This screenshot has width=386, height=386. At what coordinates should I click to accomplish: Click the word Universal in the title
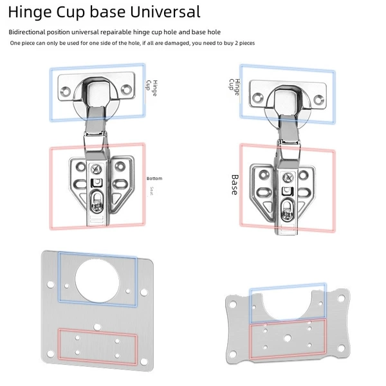click(165, 12)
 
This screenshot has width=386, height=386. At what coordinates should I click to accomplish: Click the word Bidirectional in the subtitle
click(27, 32)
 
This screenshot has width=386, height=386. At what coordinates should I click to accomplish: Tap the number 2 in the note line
click(236, 43)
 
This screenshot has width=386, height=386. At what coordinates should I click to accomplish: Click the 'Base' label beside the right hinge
click(235, 185)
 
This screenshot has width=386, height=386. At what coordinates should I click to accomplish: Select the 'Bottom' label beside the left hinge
click(154, 178)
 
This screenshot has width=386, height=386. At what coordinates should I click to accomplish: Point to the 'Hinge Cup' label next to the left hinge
click(152, 88)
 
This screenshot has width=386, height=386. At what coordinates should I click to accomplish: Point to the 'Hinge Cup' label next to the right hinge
click(234, 87)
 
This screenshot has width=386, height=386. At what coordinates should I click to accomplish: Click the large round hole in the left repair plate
click(97, 280)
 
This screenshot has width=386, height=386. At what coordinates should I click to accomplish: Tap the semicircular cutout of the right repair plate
click(288, 305)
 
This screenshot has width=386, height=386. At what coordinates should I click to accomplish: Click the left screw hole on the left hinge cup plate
click(66, 91)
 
